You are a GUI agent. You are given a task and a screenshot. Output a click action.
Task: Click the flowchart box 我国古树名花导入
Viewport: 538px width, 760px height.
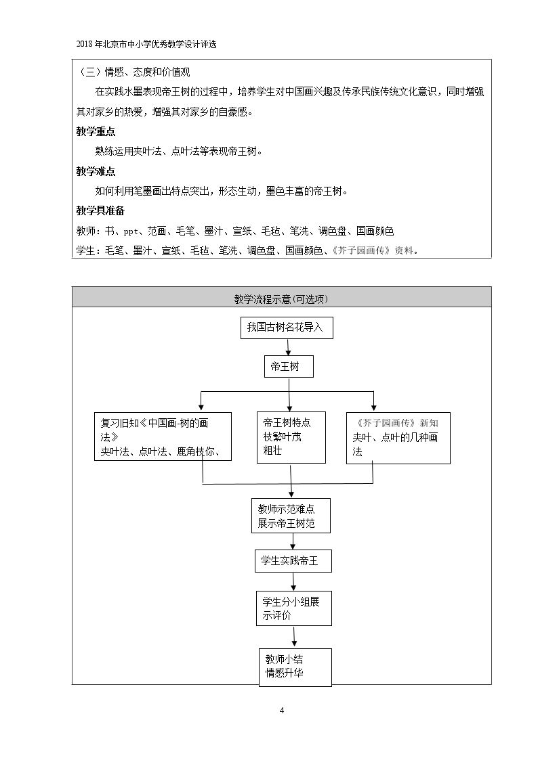287,328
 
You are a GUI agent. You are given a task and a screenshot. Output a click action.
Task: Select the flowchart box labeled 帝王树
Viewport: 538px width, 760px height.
289,366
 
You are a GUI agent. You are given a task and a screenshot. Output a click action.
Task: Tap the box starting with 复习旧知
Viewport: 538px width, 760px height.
163,437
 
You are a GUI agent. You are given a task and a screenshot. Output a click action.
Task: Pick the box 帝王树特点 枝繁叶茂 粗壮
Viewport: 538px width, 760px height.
291,437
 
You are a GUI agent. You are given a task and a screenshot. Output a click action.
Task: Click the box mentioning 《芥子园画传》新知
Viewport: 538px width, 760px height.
398,438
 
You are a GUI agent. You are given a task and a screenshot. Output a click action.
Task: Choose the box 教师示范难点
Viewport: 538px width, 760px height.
291,516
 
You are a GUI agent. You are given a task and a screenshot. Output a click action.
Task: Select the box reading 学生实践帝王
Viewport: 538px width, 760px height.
293,561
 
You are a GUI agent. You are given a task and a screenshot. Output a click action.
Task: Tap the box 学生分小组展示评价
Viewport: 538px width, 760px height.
294,608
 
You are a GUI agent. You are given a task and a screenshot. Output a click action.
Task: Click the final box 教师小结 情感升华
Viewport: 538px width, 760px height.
295,667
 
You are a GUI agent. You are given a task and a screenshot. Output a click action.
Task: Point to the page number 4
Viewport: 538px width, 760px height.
282,711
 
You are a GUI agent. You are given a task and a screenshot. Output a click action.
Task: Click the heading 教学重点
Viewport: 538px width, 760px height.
96,132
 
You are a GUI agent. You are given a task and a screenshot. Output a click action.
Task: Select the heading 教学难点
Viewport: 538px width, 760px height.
96,172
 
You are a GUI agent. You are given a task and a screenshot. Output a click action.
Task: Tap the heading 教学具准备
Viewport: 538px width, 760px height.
100,211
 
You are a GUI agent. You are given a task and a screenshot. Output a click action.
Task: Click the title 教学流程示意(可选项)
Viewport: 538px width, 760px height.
281,299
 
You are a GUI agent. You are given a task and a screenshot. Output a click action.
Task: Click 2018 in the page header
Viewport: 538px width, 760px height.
84,44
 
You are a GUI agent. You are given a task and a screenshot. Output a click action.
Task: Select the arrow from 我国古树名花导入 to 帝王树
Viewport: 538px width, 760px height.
288,347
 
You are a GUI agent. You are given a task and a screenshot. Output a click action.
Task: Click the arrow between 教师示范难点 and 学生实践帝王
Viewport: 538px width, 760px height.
293,541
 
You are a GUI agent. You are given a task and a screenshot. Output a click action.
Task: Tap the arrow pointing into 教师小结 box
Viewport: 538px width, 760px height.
295,637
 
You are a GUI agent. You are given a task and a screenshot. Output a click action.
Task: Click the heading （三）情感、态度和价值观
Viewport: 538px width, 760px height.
134,72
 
